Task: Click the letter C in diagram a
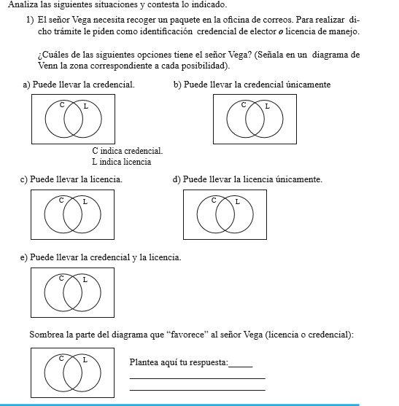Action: pyautogui.click(x=62, y=105)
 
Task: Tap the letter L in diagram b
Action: pyautogui.click(x=268, y=106)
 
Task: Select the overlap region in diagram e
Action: pyautogui.click(x=72, y=293)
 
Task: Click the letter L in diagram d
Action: pyautogui.click(x=237, y=201)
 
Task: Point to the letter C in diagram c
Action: pyautogui.click(x=61, y=200)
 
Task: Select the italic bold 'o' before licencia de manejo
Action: pyautogui.click(x=281, y=32)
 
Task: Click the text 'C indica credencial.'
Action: pyautogui.click(x=128, y=151)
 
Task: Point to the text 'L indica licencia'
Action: pyautogui.click(x=122, y=162)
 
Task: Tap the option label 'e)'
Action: pyautogui.click(x=24, y=257)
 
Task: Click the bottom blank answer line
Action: pyautogui.click(x=198, y=390)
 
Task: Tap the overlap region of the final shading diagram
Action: pyautogui.click(x=72, y=373)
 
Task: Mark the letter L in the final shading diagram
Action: pyautogui.click(x=85, y=360)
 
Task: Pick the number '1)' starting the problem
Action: pyautogui.click(x=30, y=20)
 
